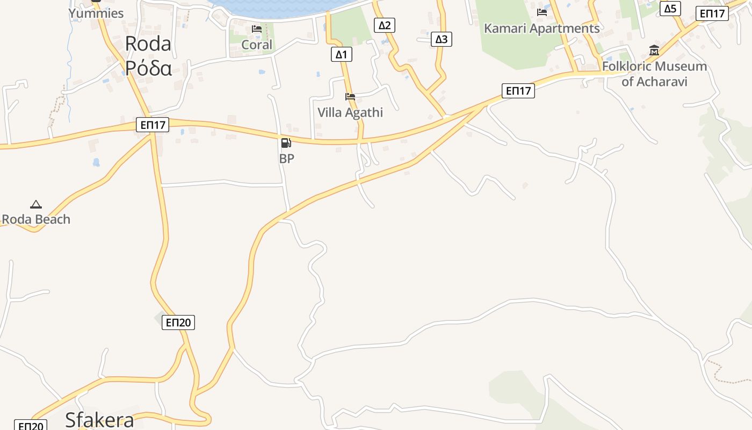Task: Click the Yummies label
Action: pyautogui.click(x=96, y=13)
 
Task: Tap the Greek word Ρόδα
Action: pyautogui.click(x=148, y=68)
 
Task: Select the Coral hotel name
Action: pyautogui.click(x=257, y=45)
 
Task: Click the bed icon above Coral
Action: pyautogui.click(x=257, y=29)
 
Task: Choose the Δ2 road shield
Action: pyautogui.click(x=385, y=25)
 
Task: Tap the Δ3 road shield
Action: pyautogui.click(x=441, y=39)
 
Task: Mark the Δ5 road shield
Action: pyautogui.click(x=670, y=9)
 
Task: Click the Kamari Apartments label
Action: pyautogui.click(x=541, y=28)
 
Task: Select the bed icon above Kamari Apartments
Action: pyautogui.click(x=541, y=12)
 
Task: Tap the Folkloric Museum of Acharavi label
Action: pyautogui.click(x=654, y=74)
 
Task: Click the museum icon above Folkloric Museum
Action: pyautogui.click(x=654, y=51)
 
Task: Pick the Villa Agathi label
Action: pyautogui.click(x=350, y=112)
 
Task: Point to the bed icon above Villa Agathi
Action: pyautogui.click(x=350, y=97)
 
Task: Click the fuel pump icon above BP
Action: pyautogui.click(x=286, y=143)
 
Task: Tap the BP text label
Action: pyautogui.click(x=286, y=159)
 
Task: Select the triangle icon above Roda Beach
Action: pyautogui.click(x=36, y=204)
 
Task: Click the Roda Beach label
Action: pyautogui.click(x=36, y=219)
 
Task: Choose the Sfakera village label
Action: pyautogui.click(x=99, y=420)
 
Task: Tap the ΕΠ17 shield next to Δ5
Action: pyautogui.click(x=712, y=13)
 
